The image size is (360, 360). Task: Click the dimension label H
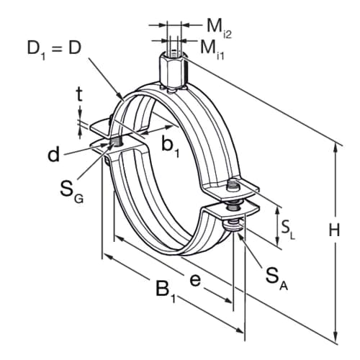(x=334, y=230)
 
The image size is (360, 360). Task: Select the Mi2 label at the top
(x=219, y=29)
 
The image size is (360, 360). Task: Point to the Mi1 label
(x=212, y=49)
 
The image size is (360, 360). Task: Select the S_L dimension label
(x=287, y=230)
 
